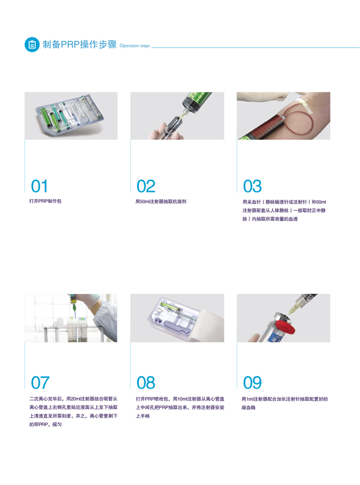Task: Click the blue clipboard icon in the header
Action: (32, 44)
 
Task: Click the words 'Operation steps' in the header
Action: (134, 46)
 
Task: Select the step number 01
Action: (39, 186)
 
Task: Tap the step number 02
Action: (146, 186)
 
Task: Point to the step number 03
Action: (252, 186)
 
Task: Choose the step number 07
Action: (40, 382)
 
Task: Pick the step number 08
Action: (146, 382)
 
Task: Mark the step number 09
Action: (252, 382)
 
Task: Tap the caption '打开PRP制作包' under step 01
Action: (45, 201)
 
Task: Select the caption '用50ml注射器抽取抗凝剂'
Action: (161, 201)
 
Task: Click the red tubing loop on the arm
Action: (305, 124)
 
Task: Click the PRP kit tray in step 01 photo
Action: (69, 115)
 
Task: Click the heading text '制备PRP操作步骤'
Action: (80, 44)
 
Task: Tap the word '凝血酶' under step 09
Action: (248, 408)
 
